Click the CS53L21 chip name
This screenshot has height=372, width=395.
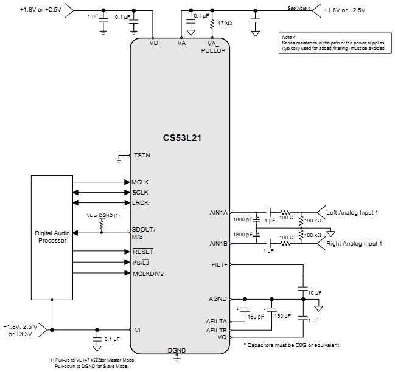[x=181, y=138]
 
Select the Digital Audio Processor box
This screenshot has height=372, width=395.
[x=53, y=236]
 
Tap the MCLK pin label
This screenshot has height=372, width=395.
[x=141, y=182]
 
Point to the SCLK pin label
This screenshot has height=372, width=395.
[x=141, y=192]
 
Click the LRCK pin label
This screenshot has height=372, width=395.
[x=141, y=202]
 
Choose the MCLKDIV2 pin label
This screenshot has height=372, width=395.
[x=148, y=274]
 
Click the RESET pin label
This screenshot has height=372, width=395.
[x=142, y=250]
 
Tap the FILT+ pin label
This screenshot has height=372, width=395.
[x=219, y=265]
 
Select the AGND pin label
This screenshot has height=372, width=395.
[x=218, y=298]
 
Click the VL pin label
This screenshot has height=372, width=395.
[x=138, y=330]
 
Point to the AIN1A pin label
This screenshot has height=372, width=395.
[x=218, y=212]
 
